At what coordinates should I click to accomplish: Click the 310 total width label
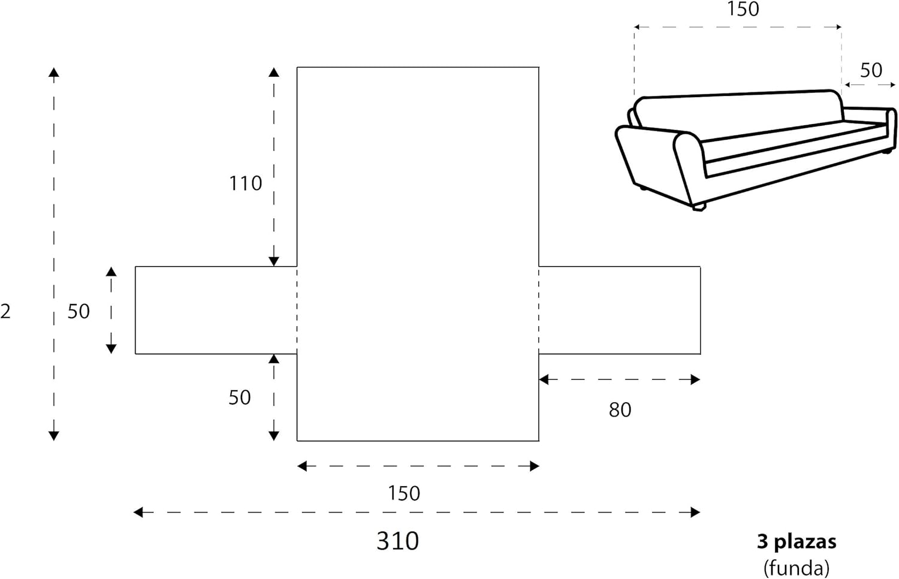[x=397, y=541]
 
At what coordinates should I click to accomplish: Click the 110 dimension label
[x=246, y=183]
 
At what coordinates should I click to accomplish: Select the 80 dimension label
[x=620, y=410]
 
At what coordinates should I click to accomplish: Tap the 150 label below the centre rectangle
[x=403, y=493]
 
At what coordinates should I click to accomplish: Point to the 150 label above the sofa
[x=743, y=9]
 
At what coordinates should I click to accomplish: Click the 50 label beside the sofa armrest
[x=871, y=70]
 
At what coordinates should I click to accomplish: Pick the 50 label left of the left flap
[x=79, y=311]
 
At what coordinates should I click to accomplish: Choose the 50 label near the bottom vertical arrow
[x=239, y=397]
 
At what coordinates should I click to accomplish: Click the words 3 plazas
[x=797, y=542]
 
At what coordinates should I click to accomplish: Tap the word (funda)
[x=797, y=567]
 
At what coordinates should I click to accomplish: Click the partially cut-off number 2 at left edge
[x=5, y=312]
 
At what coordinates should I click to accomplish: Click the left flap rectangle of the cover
[x=216, y=310]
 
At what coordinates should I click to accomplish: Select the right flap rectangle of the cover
[x=620, y=310]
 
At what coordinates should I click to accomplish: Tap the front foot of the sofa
[x=698, y=207]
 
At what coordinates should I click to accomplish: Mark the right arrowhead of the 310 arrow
[x=695, y=512]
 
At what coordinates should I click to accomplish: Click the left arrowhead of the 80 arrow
[x=544, y=379]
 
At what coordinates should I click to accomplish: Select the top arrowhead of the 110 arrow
[x=274, y=73]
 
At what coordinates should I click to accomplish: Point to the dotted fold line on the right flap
[x=539, y=310]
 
